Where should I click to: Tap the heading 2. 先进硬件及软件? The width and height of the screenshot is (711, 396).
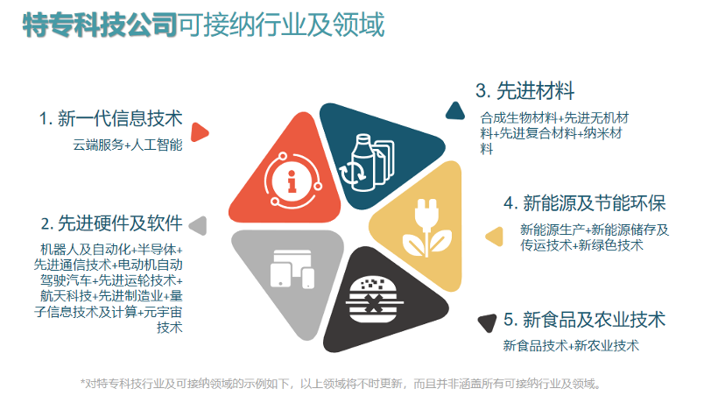coord(110,223)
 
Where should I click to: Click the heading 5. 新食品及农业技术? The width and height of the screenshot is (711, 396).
coord(584,319)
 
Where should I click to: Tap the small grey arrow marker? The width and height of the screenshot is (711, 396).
coord(199,225)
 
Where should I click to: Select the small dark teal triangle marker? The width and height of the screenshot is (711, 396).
coord(454,110)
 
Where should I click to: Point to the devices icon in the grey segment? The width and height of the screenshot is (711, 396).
coord(291,268)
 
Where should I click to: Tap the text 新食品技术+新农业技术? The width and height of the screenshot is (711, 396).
coord(571,346)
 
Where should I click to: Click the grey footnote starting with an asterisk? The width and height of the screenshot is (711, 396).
coord(341,384)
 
